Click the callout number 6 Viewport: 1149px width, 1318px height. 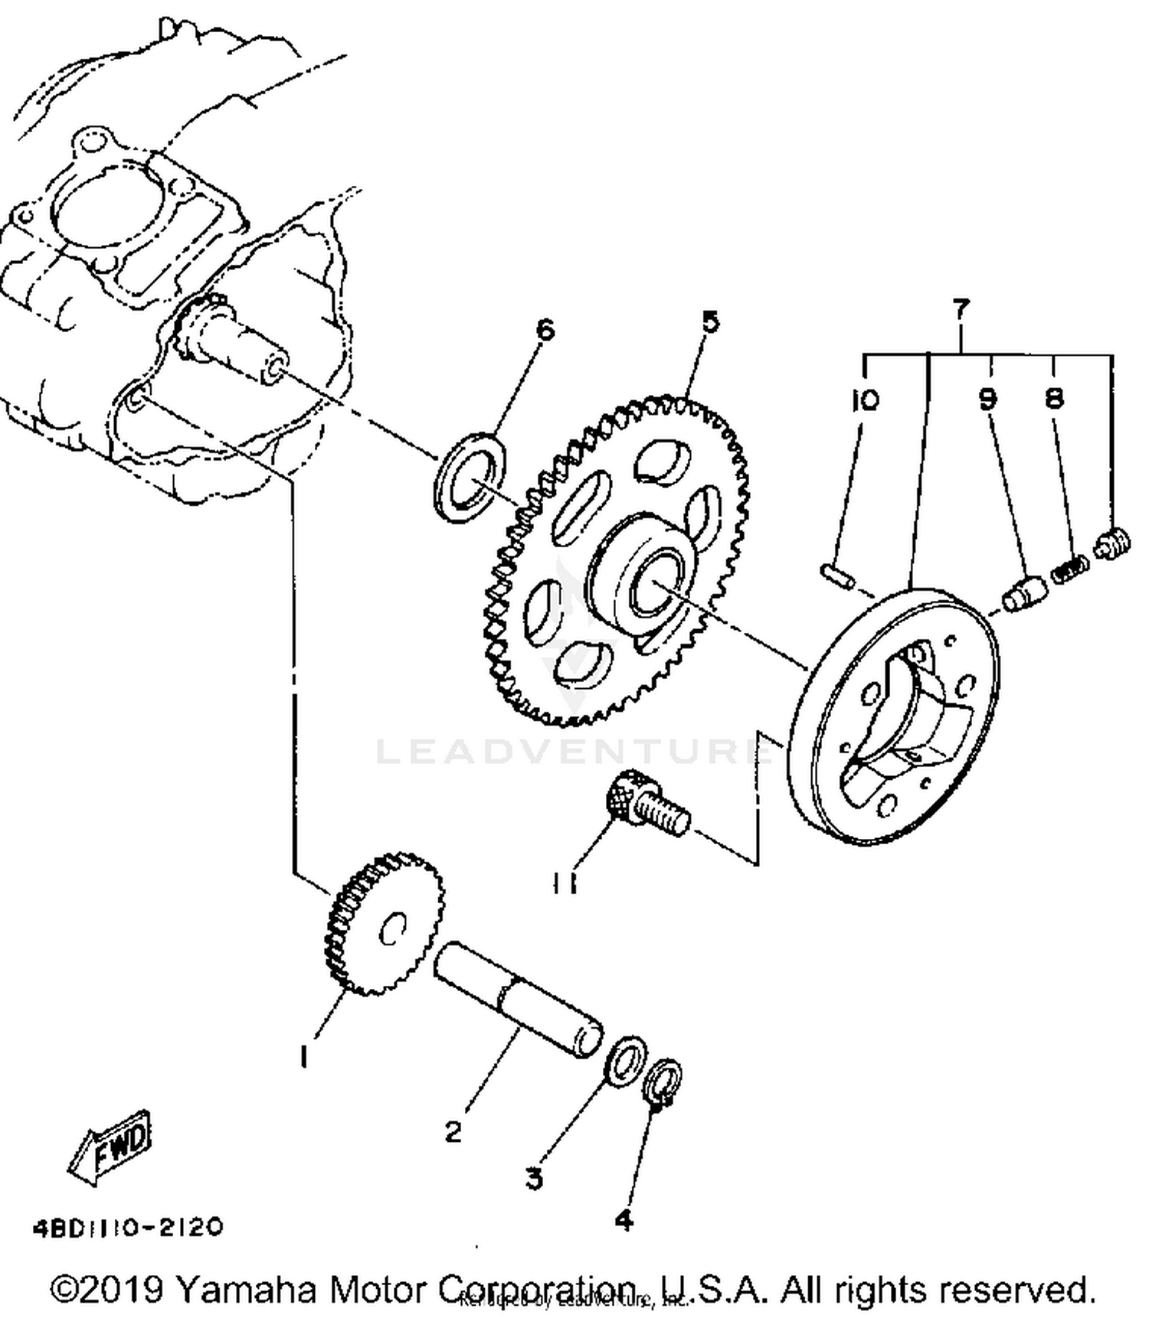pos(544,330)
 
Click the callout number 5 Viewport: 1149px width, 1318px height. pos(711,321)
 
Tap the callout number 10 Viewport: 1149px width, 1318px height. pos(866,400)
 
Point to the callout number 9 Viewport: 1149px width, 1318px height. pos(987,398)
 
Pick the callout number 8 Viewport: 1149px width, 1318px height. pos(1055,397)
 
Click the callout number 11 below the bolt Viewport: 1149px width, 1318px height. pos(565,884)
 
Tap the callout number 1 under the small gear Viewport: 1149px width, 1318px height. pos(304,1057)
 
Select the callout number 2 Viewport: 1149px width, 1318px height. pos(453,1130)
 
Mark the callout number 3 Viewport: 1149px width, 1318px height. pos(534,1178)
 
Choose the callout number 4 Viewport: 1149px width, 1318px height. pos(624,1220)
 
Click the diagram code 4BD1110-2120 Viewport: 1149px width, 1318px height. pos(128,1228)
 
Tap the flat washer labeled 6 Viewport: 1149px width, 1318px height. pos(470,478)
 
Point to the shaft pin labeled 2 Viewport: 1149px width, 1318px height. pos(517,999)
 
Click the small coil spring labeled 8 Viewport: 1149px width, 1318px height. pos(1069,569)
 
